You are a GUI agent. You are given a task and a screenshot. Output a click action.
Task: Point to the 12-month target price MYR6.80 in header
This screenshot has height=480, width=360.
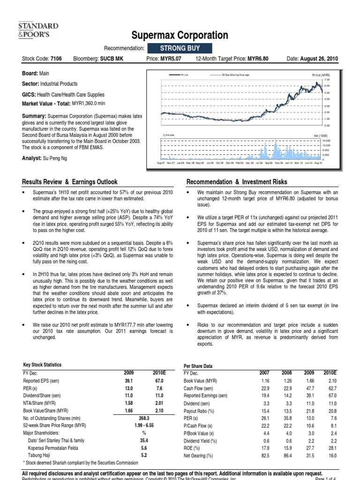coord(262,59)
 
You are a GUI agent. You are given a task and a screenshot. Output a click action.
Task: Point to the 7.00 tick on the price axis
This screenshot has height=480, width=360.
coord(327,80)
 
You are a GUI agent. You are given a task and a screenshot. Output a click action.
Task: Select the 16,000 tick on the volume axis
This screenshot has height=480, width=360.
coord(326,140)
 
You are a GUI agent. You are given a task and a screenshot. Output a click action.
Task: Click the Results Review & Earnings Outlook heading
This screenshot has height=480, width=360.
coord(70,182)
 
